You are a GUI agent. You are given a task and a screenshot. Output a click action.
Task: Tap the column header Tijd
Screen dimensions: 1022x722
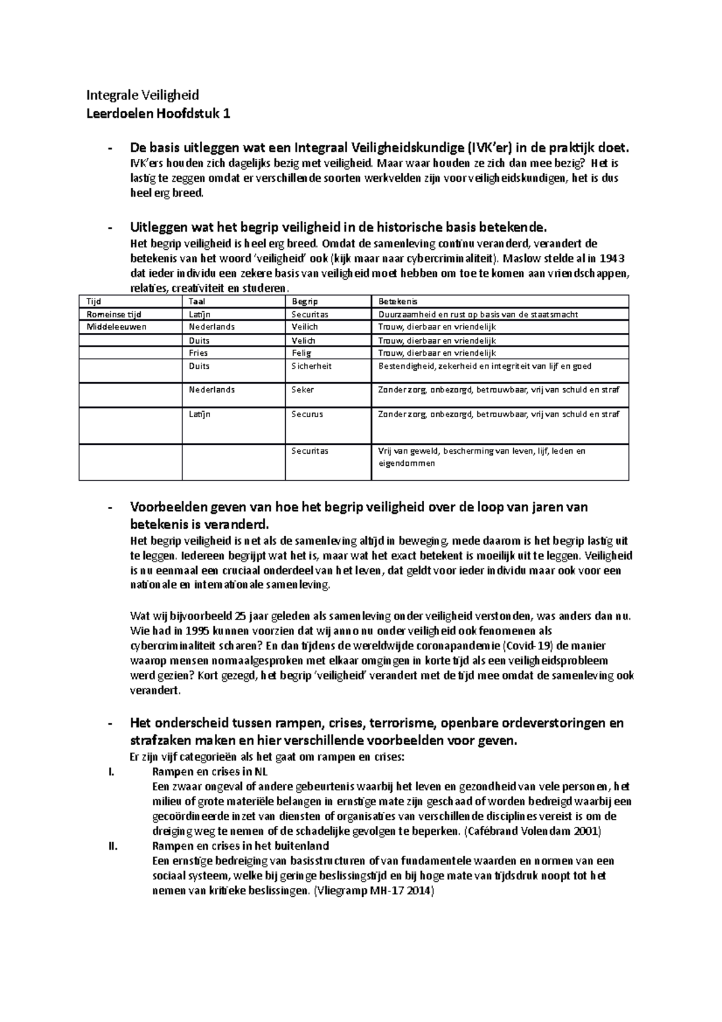(x=94, y=302)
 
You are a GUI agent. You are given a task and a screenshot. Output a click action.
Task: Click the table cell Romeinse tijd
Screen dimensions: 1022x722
(x=114, y=314)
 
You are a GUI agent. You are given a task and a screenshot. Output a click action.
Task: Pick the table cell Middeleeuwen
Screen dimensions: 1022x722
(x=117, y=327)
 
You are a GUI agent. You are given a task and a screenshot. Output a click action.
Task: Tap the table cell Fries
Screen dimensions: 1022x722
(x=199, y=353)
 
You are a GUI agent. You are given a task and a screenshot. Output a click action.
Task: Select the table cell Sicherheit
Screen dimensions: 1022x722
(x=311, y=366)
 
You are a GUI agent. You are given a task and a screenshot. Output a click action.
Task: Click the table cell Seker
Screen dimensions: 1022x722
(x=303, y=389)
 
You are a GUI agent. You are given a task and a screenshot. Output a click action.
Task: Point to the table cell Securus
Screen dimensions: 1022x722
(x=307, y=414)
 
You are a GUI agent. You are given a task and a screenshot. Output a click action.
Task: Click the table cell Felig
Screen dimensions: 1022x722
(x=301, y=353)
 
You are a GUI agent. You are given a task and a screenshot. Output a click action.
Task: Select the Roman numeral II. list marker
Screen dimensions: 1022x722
(x=110, y=846)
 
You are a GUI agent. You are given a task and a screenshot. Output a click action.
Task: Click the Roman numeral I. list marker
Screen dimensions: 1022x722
(x=110, y=772)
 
